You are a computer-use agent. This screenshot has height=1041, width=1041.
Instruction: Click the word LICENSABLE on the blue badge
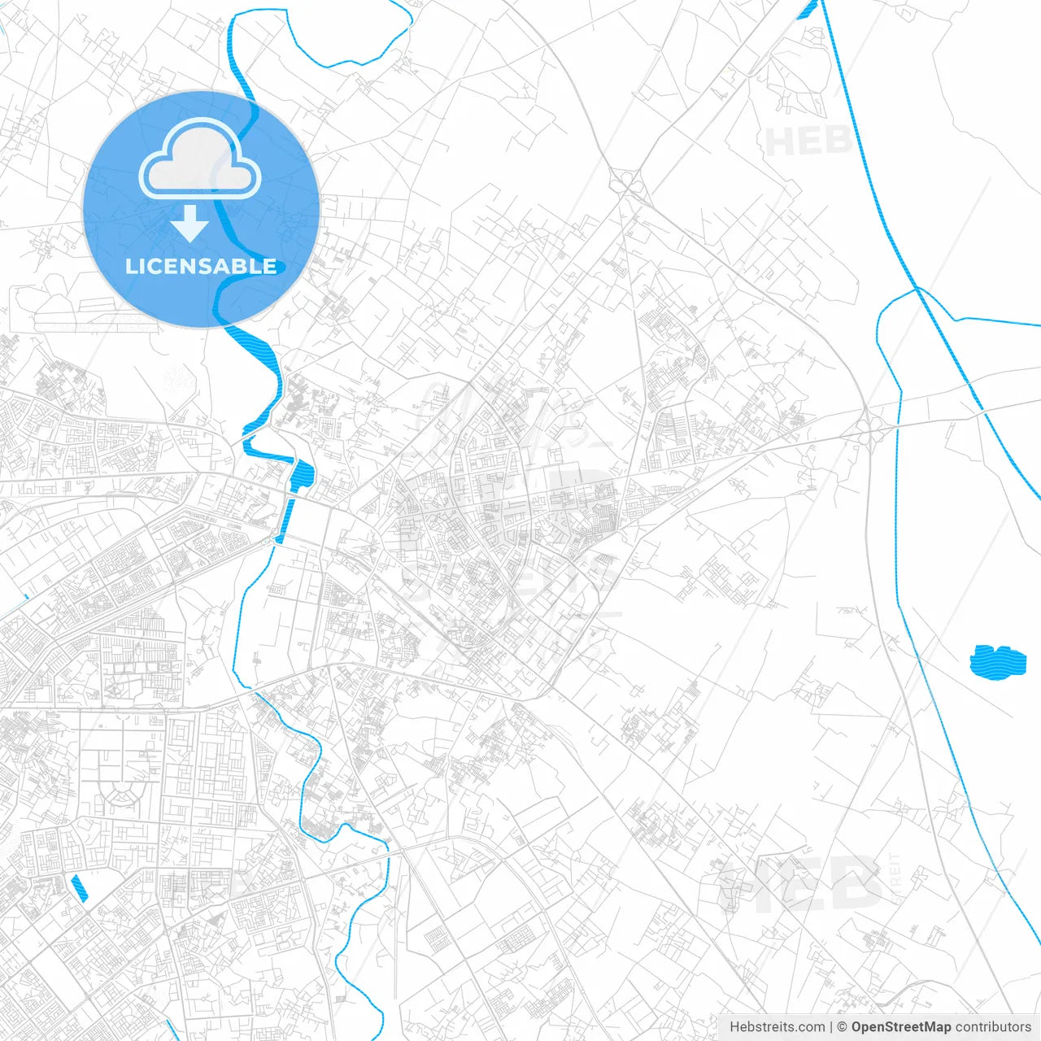[x=201, y=266]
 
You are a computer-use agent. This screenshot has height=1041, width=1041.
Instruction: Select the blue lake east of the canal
[x=998, y=661]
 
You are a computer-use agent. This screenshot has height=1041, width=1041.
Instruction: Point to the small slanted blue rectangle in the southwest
[x=80, y=887]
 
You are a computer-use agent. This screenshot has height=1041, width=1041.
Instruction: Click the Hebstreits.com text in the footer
[x=777, y=1027]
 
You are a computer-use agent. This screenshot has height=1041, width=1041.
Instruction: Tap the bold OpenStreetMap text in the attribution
[x=901, y=1027]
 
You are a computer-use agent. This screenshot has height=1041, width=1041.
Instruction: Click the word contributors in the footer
[x=993, y=1027]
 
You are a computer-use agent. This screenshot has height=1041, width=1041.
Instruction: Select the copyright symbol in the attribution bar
[x=843, y=1027]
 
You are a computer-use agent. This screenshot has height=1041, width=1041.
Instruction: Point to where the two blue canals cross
[x=917, y=288]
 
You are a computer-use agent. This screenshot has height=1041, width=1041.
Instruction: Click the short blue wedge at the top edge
[x=808, y=9]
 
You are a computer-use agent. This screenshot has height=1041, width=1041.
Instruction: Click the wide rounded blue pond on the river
[x=302, y=475]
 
